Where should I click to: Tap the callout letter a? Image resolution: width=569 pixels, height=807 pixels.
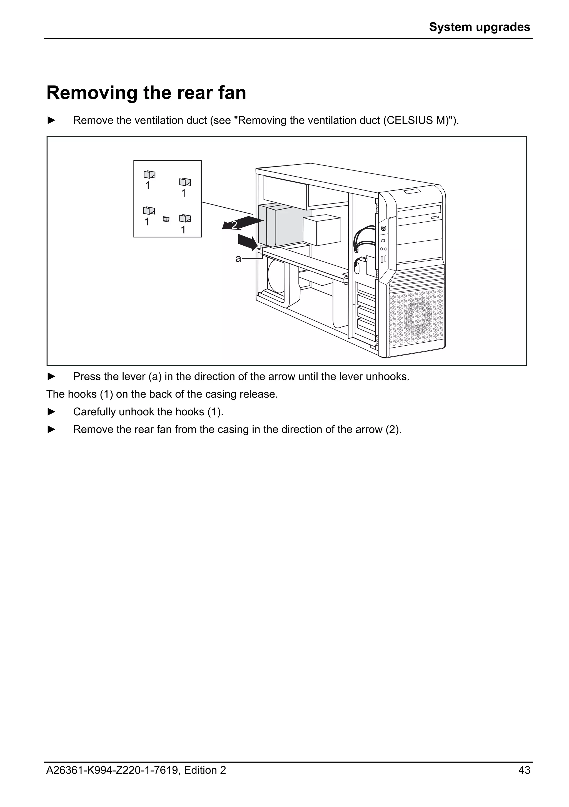point(238,259)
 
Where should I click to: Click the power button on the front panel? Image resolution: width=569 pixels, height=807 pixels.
point(383,228)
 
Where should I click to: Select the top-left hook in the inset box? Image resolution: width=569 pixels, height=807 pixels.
point(149,174)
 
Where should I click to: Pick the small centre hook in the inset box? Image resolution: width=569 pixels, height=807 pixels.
point(166,219)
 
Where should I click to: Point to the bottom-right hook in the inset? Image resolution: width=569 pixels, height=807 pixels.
point(185,218)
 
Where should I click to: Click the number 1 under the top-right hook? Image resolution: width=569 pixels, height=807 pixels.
point(183,193)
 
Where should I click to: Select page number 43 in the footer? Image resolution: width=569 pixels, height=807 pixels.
point(524,760)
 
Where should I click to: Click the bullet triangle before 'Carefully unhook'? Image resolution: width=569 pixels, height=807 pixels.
point(51,412)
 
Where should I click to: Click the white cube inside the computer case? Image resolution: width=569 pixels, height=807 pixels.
point(322,231)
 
